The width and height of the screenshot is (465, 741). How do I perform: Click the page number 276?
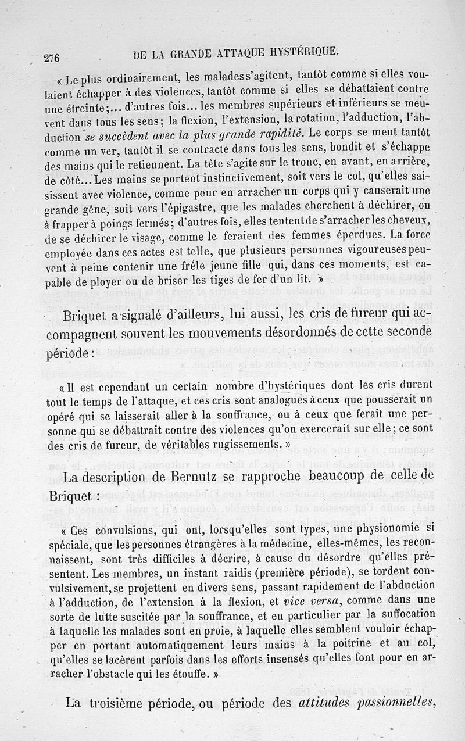click(52, 57)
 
